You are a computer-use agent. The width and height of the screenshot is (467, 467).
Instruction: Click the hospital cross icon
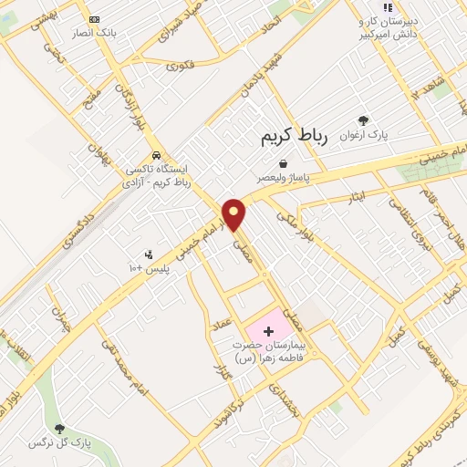pos(269,330)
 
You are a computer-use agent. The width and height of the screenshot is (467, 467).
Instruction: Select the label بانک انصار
pos(95,33)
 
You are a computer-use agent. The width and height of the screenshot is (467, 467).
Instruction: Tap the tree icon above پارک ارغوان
pos(364,119)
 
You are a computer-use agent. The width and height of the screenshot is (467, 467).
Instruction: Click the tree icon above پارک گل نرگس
pos(60,429)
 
